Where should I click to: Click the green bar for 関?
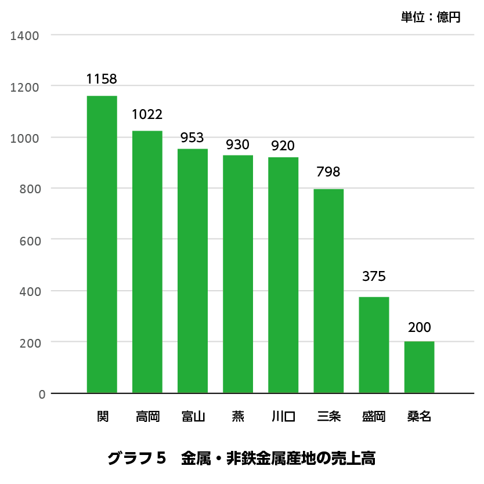[x=102, y=244]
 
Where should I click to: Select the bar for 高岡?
[x=147, y=262]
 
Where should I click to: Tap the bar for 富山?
[x=193, y=270]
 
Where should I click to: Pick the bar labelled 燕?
[x=238, y=274]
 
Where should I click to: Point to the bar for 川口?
[x=283, y=275]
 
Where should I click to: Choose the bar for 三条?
[x=328, y=291]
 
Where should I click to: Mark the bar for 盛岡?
[x=374, y=345]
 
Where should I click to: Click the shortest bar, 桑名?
[x=419, y=367]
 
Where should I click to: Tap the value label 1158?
[x=102, y=79]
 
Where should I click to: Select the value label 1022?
[x=147, y=114]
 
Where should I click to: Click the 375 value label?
[x=374, y=277]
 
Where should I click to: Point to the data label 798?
[x=328, y=172]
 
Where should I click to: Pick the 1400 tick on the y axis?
[x=24, y=36]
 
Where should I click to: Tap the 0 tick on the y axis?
[x=42, y=395]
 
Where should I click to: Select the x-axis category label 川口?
[x=283, y=417]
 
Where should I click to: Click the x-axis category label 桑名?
[x=419, y=417]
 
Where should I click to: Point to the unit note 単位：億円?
[x=431, y=17]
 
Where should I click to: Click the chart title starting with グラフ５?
[x=241, y=458]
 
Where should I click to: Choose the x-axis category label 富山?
[x=193, y=417]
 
